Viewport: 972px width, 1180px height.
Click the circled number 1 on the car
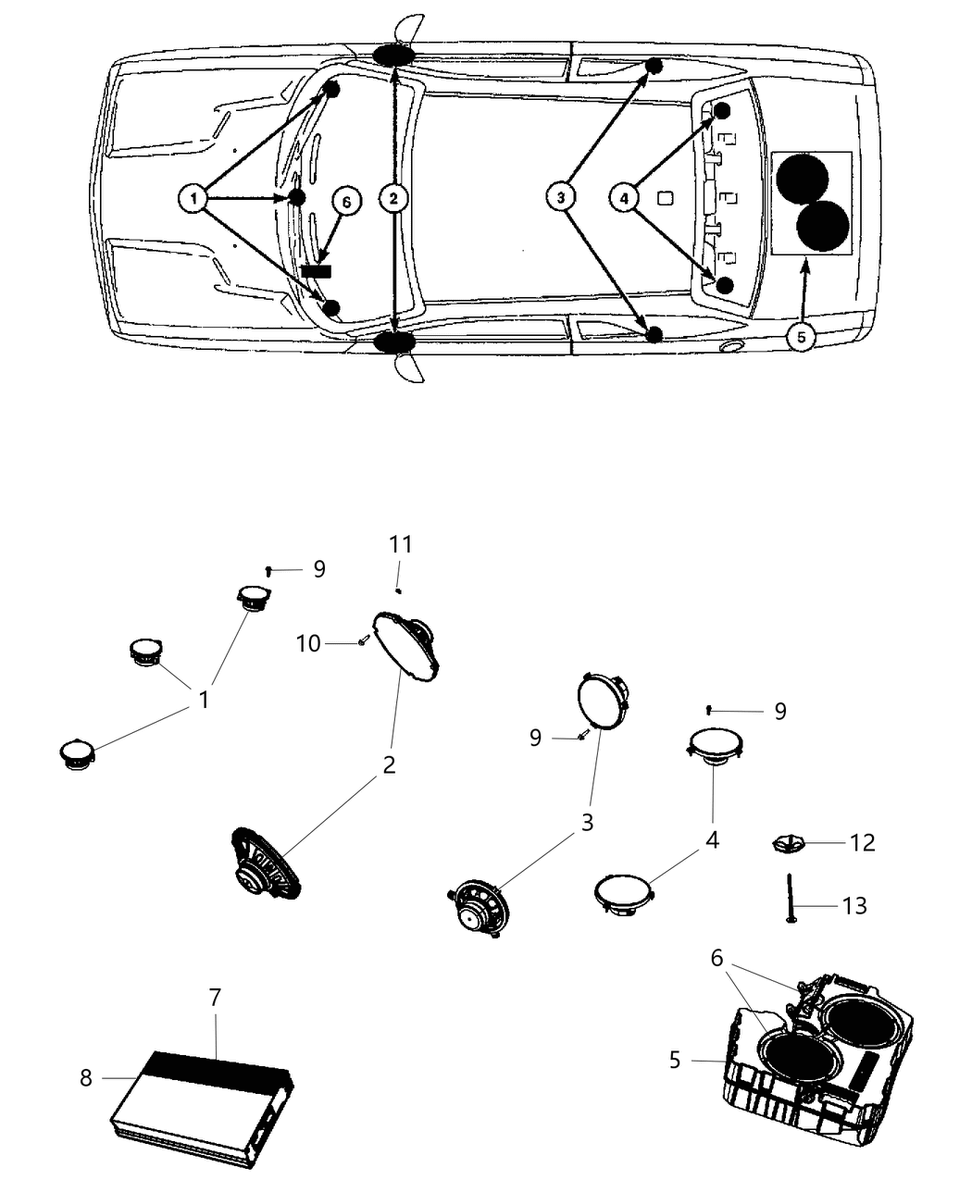click(x=193, y=198)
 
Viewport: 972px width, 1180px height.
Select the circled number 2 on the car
click(x=394, y=198)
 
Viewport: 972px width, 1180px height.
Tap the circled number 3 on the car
click(x=559, y=197)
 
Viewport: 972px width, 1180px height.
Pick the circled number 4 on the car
click(x=624, y=197)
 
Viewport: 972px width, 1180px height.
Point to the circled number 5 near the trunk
click(x=801, y=337)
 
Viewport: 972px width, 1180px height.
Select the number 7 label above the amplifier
click(x=215, y=999)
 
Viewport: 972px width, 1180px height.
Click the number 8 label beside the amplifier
click(x=86, y=1077)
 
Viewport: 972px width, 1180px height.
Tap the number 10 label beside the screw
click(x=308, y=642)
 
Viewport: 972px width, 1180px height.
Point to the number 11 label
click(x=400, y=544)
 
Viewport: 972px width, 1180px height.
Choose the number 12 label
click(x=862, y=842)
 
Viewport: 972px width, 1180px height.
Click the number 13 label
click(x=854, y=905)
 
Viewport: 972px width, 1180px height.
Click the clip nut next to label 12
click(x=787, y=843)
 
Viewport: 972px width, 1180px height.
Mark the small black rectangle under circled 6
click(x=317, y=270)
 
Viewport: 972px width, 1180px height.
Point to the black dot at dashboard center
click(x=297, y=197)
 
